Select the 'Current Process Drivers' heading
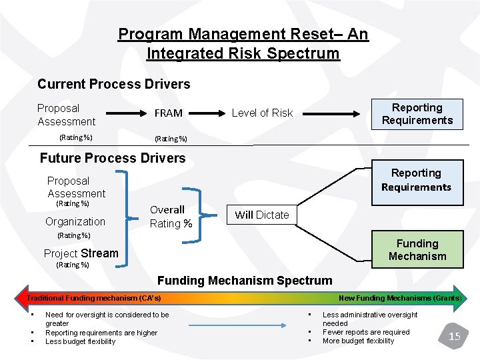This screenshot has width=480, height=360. coord(113,84)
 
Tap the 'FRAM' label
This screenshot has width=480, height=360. coord(169,113)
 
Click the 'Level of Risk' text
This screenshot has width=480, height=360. coord(262,113)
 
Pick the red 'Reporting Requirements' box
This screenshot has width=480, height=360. coord(417,114)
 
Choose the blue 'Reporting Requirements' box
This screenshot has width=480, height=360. coord(416,180)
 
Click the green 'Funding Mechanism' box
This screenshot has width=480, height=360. coord(417,250)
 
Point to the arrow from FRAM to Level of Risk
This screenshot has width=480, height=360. coord(207,113)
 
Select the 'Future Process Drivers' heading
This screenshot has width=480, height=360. coord(113,158)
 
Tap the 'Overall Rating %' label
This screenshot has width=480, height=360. coord(171,217)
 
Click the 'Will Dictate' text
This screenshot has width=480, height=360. coord(262,215)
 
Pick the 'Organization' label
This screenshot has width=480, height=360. coord(75,222)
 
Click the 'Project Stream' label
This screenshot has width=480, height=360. coord(81,253)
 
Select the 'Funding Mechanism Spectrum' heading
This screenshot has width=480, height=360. coord(244,281)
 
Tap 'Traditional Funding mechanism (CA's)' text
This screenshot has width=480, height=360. coord(94,297)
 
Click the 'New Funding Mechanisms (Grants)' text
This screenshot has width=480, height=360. coord(399,297)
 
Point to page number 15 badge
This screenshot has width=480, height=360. coord(454,335)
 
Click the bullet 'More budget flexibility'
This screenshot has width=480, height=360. coord(358,341)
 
